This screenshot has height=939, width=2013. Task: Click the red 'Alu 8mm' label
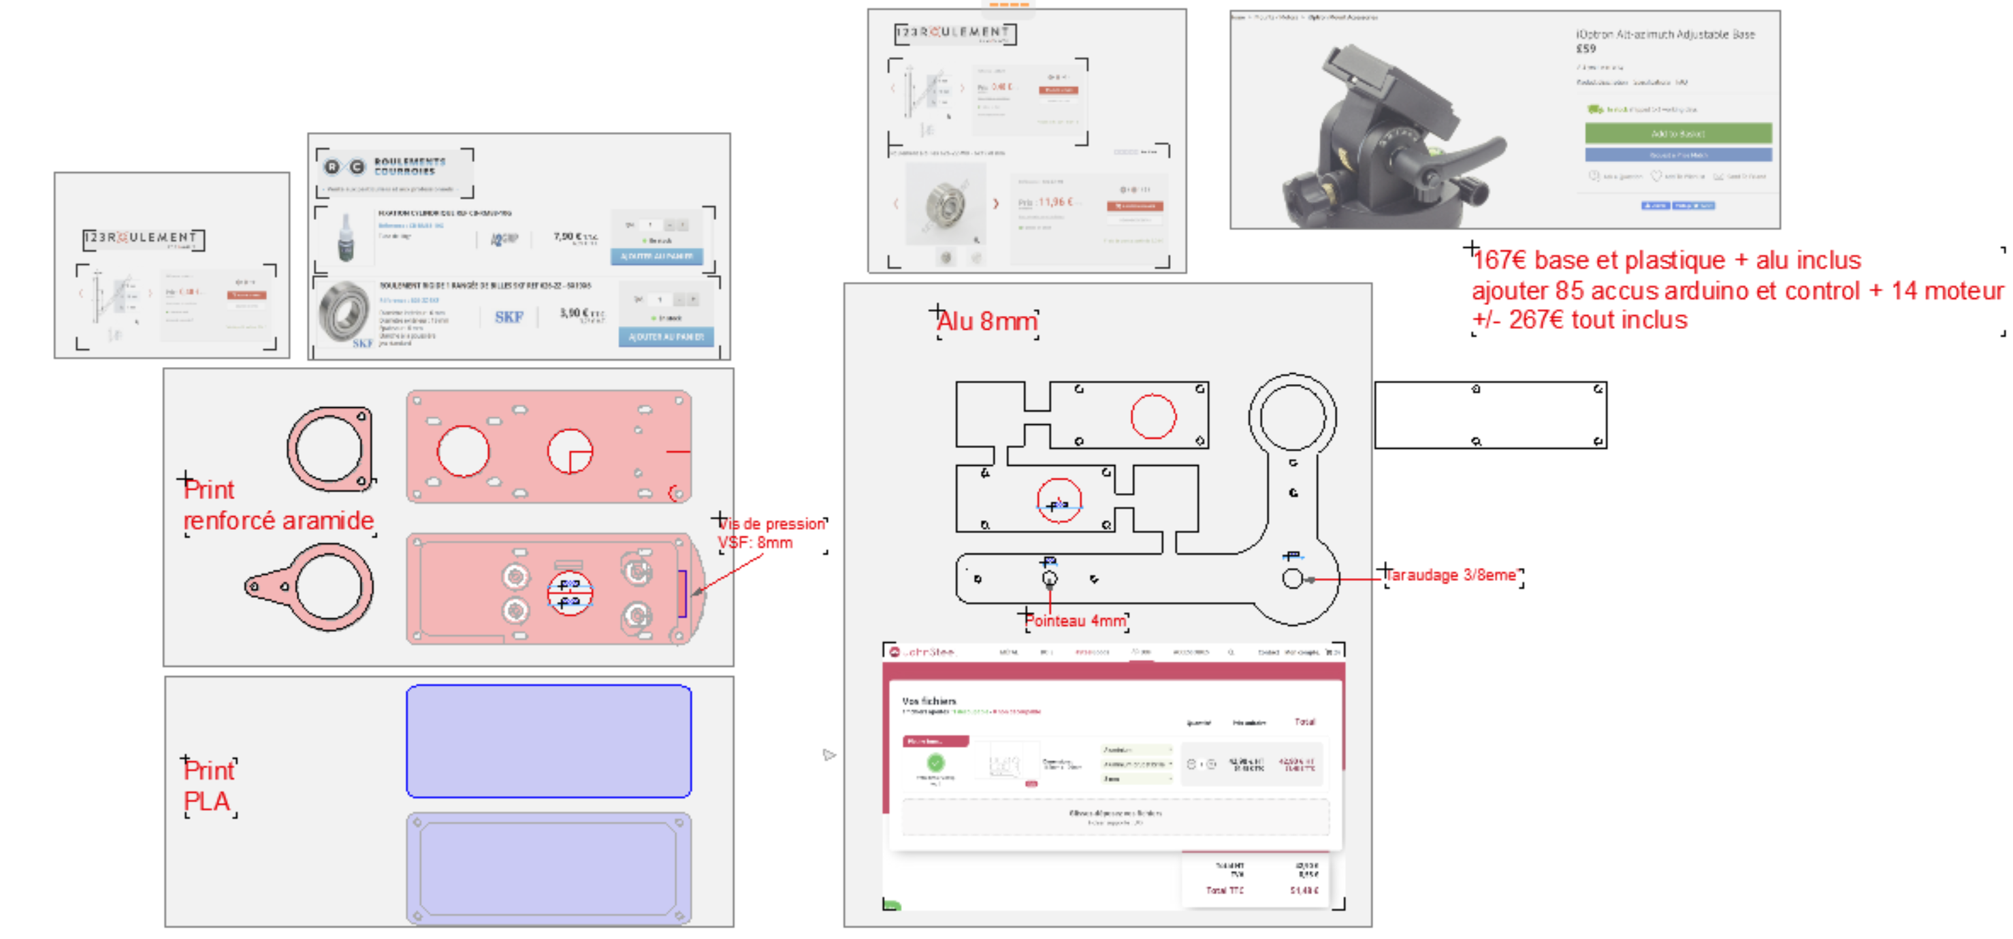pyautogui.click(x=987, y=321)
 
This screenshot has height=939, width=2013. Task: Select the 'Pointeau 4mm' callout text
pyautogui.click(x=1076, y=621)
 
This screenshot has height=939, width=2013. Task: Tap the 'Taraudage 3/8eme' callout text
pyautogui.click(x=1452, y=575)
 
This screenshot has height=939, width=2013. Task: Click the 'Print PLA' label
pyautogui.click(x=208, y=786)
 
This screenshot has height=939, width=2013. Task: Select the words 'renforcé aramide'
pyautogui.click(x=278, y=521)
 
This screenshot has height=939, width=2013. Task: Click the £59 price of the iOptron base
pyautogui.click(x=1585, y=48)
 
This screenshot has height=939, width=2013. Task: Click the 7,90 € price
pyautogui.click(x=575, y=236)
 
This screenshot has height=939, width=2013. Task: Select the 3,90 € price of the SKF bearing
pyautogui.click(x=581, y=313)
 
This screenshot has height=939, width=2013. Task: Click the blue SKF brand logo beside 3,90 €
pyautogui.click(x=509, y=317)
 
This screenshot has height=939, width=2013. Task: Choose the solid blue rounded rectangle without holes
pyautogui.click(x=549, y=742)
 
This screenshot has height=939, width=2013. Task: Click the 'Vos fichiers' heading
pyautogui.click(x=929, y=701)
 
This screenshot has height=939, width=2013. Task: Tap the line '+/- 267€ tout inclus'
pyautogui.click(x=1579, y=321)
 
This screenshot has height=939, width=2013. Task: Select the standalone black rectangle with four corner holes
pyautogui.click(x=1490, y=415)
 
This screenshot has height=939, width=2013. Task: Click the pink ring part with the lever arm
pyautogui.click(x=312, y=586)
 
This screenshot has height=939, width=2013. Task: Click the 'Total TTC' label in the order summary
pyautogui.click(x=1225, y=891)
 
